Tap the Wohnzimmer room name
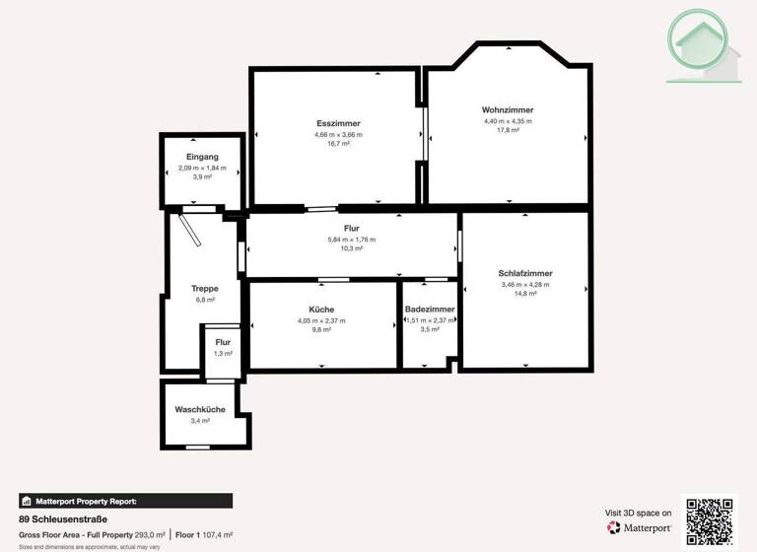pyautogui.click(x=508, y=109)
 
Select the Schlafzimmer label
pyautogui.click(x=524, y=273)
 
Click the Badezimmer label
pyautogui.click(x=430, y=310)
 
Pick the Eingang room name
pyautogui.click(x=202, y=157)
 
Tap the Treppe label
pyautogui.click(x=205, y=288)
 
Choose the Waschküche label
pyautogui.click(x=200, y=409)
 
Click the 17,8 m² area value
pyautogui.click(x=508, y=130)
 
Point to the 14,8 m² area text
pyautogui.click(x=524, y=294)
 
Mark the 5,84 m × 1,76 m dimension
pyautogui.click(x=351, y=240)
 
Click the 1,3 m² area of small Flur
pyautogui.click(x=223, y=353)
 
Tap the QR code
pyautogui.click(x=709, y=519)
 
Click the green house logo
pyautogui.click(x=702, y=45)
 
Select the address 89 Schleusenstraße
pyautogui.click(x=63, y=518)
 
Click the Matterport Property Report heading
pyautogui.click(x=93, y=501)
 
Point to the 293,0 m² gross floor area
pyautogui.click(x=150, y=534)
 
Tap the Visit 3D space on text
pyautogui.click(x=638, y=513)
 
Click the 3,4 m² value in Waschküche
pyautogui.click(x=200, y=421)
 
